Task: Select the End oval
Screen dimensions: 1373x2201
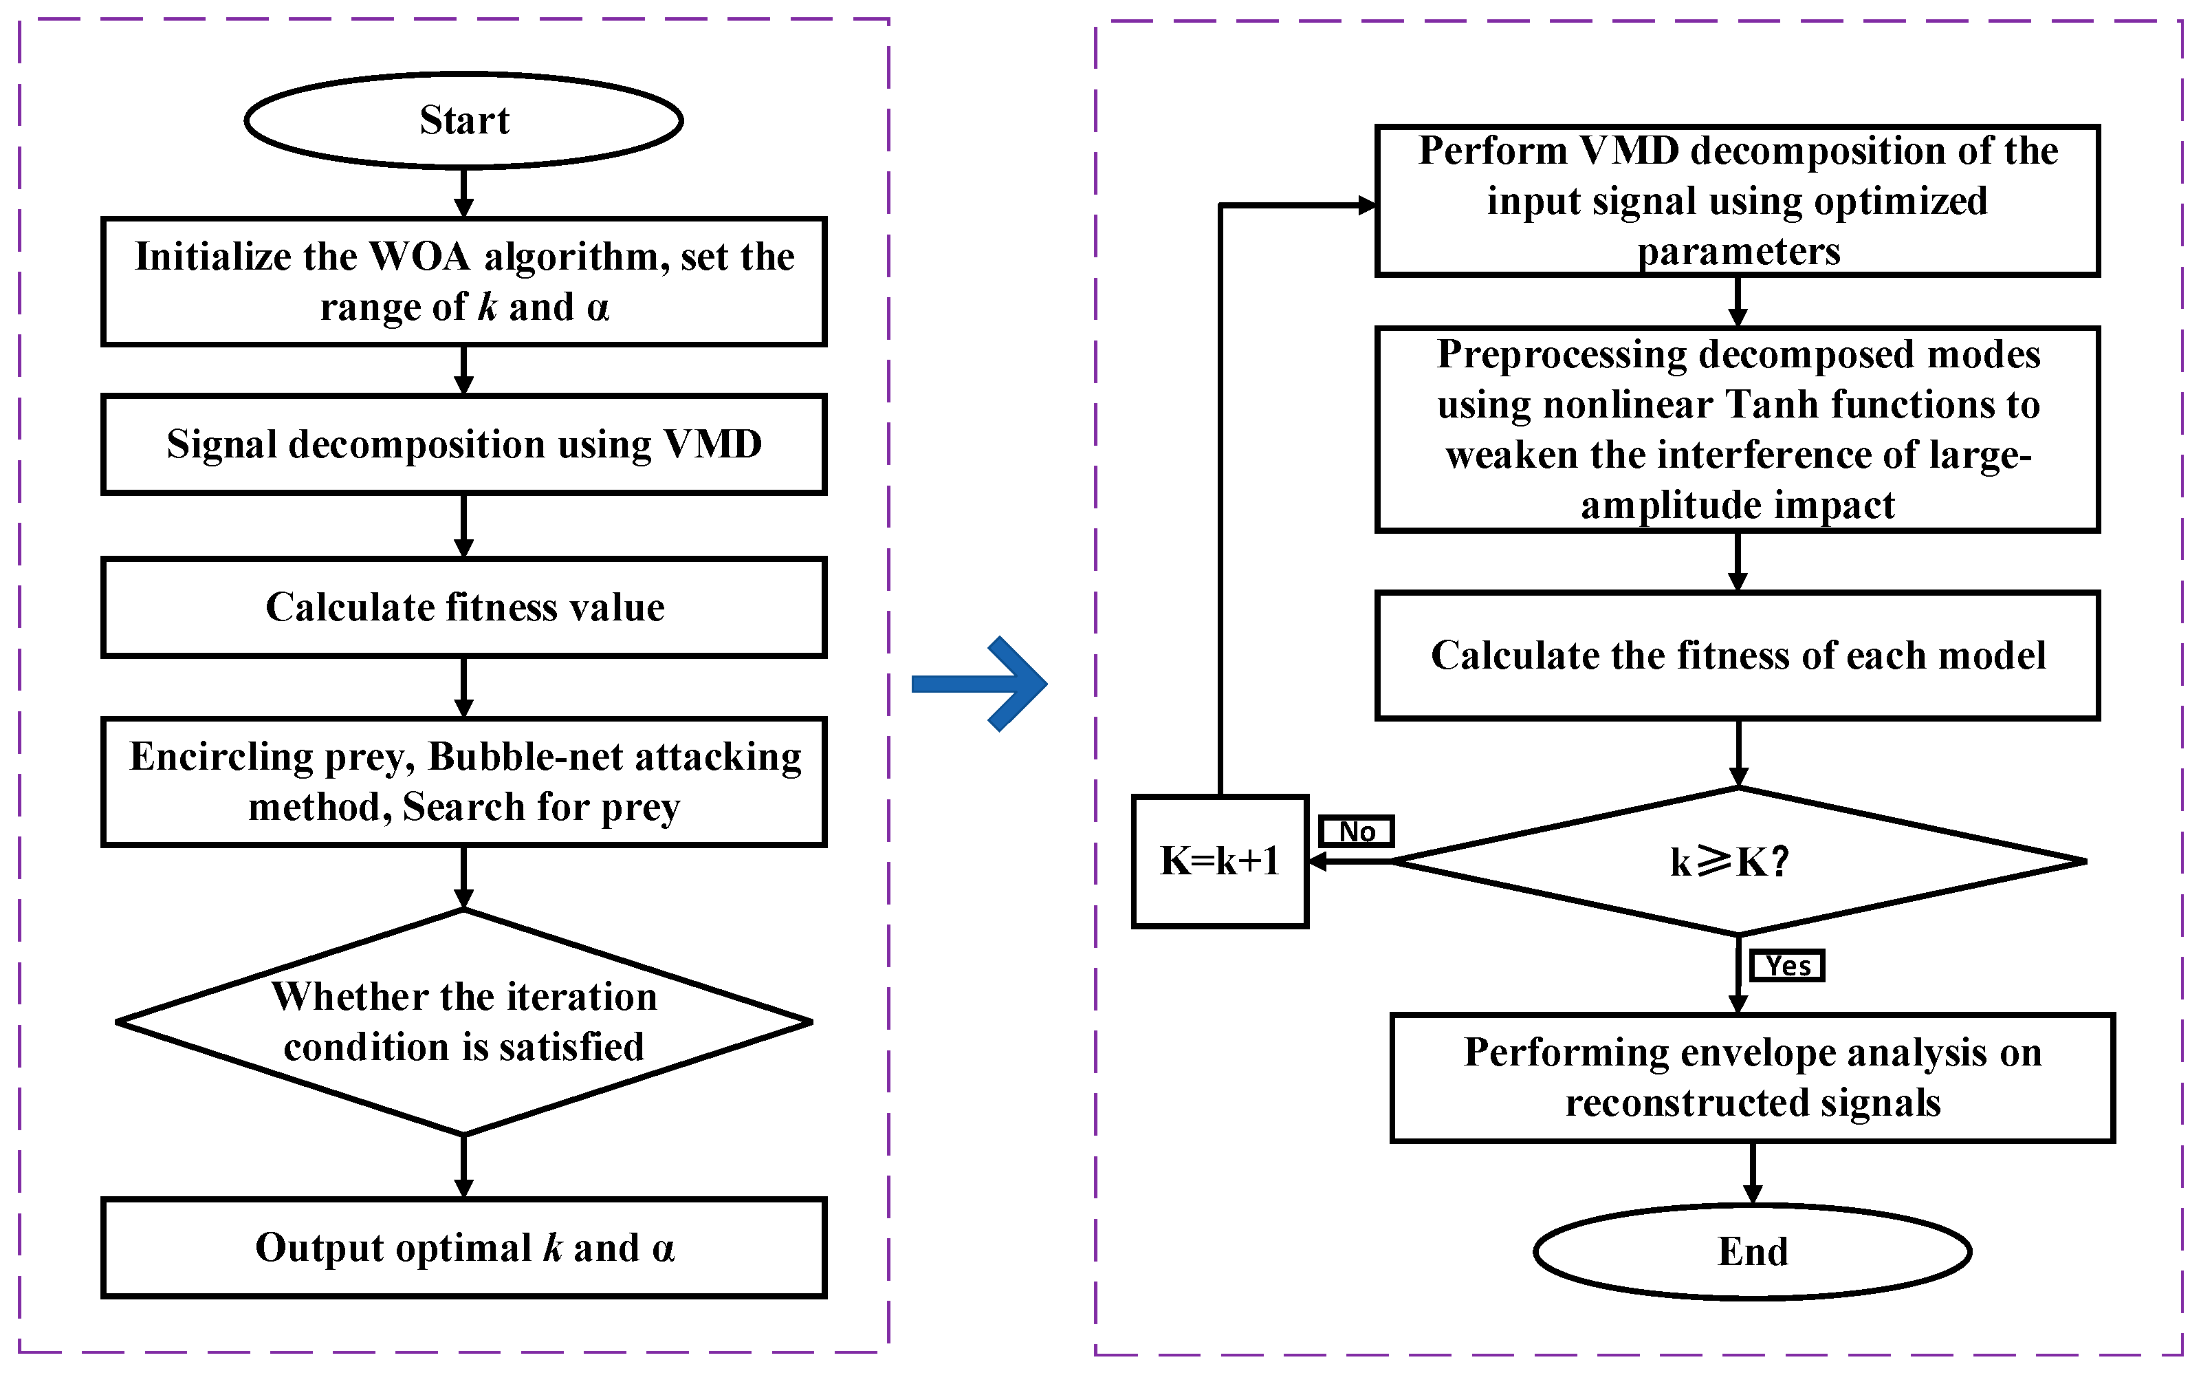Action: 1752,1251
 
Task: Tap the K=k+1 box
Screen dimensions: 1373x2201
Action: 1219,861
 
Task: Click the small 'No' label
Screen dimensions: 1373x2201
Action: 1356,831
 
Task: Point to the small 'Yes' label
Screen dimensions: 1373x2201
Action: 1787,965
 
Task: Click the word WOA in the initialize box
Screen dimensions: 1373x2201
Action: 420,257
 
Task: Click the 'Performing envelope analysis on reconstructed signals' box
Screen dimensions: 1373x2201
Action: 1752,1077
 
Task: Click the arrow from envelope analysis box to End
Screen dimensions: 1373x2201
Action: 1752,1174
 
